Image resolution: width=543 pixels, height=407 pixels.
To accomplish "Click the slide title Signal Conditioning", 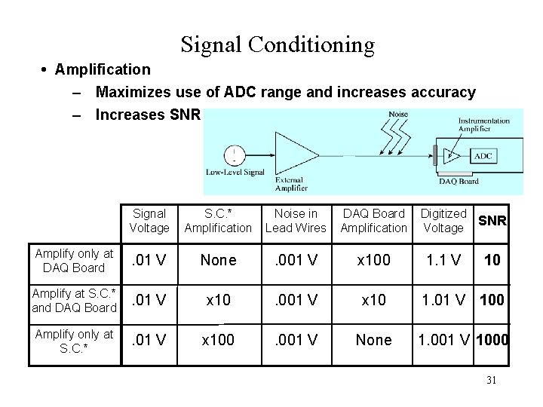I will coord(278,45).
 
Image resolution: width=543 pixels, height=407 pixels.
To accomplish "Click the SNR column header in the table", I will coord(492,221).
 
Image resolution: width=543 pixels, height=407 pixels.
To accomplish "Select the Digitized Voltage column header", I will coord(443,221).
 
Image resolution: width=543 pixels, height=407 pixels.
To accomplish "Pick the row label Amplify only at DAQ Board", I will coord(74,260).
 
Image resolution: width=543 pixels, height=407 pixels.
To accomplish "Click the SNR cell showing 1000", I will coord(492,340).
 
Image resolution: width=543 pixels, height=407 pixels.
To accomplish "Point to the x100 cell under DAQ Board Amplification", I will coord(373,260).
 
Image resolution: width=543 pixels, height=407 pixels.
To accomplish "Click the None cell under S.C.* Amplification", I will coord(218,260).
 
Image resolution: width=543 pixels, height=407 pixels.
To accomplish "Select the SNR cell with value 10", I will coord(492,260).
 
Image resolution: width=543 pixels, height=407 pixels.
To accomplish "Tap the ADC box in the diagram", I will coord(483,156).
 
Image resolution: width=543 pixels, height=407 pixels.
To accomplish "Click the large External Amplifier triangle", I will coord(297,155).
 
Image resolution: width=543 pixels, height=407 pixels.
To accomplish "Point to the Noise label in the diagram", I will coord(398,115).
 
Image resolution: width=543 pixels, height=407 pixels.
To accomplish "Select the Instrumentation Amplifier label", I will coord(484,125).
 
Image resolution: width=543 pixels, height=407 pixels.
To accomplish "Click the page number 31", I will coord(491,380).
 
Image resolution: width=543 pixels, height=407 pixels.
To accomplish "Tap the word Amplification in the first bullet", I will coord(103,69).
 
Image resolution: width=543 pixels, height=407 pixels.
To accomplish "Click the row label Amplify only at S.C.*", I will coord(74,340).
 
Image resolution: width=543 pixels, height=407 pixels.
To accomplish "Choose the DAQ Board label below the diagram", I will coord(459,181).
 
